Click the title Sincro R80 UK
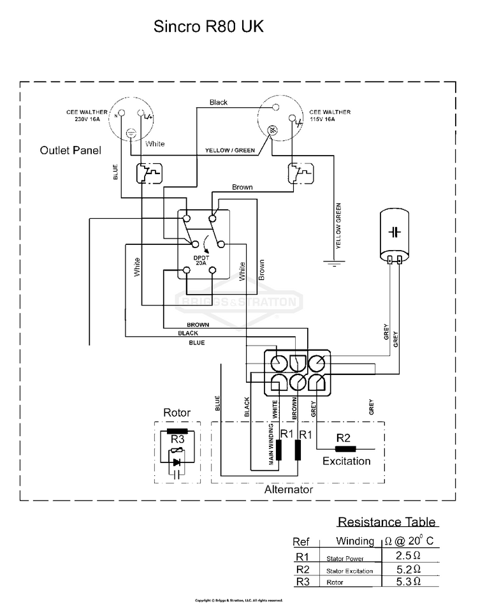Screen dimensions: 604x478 click(x=208, y=27)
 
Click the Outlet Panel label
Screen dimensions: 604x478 click(x=70, y=151)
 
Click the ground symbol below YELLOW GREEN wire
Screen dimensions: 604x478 click(x=333, y=263)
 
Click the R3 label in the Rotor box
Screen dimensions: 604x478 click(x=177, y=438)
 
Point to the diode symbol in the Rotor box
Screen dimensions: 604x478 click(x=177, y=462)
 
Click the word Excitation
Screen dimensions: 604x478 click(x=346, y=460)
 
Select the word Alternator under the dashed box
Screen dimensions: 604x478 click(x=289, y=490)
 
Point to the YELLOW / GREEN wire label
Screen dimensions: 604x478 click(x=230, y=151)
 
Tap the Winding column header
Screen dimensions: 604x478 click(x=355, y=541)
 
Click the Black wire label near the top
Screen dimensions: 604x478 click(x=218, y=102)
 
